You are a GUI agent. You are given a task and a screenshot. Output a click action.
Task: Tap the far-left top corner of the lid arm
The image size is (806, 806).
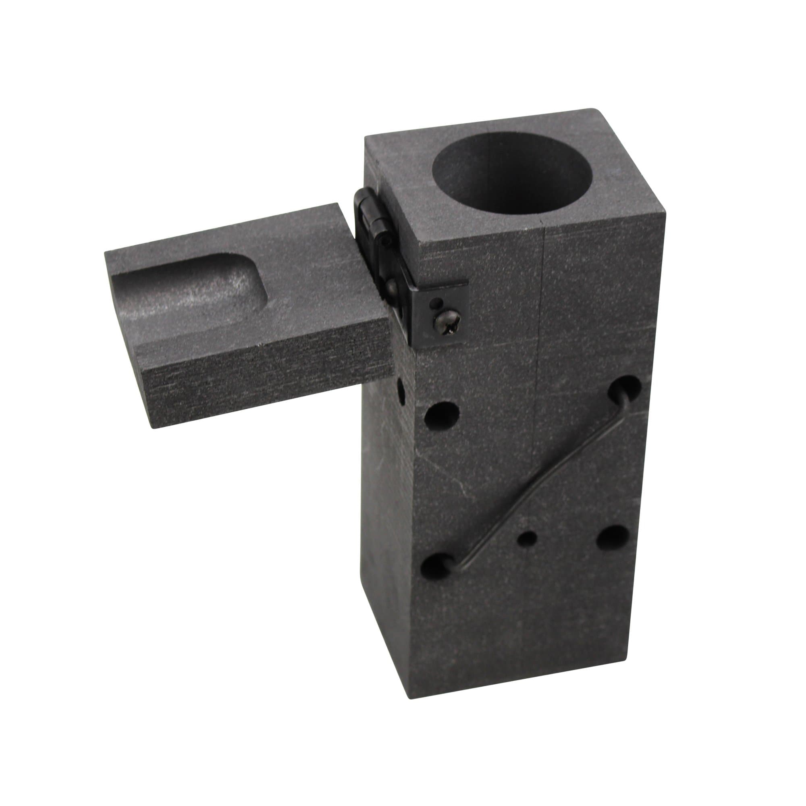[x=106, y=251]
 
